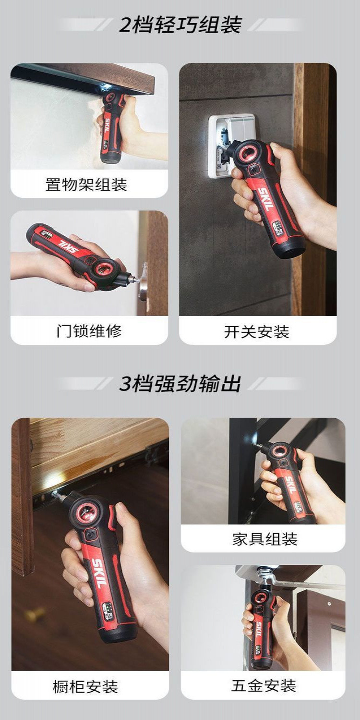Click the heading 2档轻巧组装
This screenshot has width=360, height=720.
180,25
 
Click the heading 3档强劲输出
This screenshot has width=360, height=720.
180,383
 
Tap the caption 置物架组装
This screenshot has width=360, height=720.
86,184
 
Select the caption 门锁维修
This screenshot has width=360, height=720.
89,331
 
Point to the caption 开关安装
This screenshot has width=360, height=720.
257,332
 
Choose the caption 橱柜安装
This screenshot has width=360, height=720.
85,686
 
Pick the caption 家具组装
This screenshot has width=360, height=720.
265,539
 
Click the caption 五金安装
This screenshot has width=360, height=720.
264,685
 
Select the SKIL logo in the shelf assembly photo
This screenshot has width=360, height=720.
106,125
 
